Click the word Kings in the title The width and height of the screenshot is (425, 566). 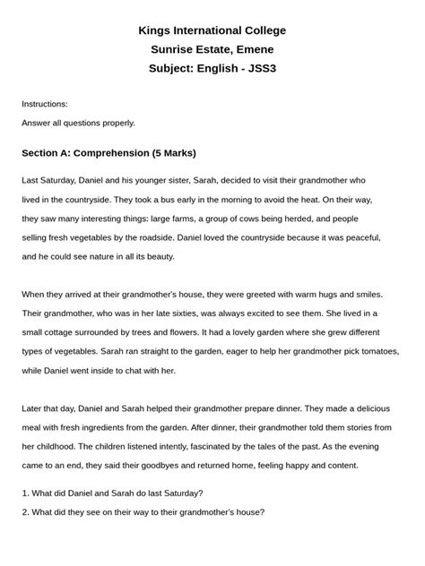(x=154, y=30)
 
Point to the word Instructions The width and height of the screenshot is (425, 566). (x=45, y=104)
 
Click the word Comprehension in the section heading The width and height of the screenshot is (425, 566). (x=111, y=153)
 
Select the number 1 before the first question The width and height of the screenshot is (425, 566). (x=24, y=493)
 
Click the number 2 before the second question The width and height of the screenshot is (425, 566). (x=24, y=512)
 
